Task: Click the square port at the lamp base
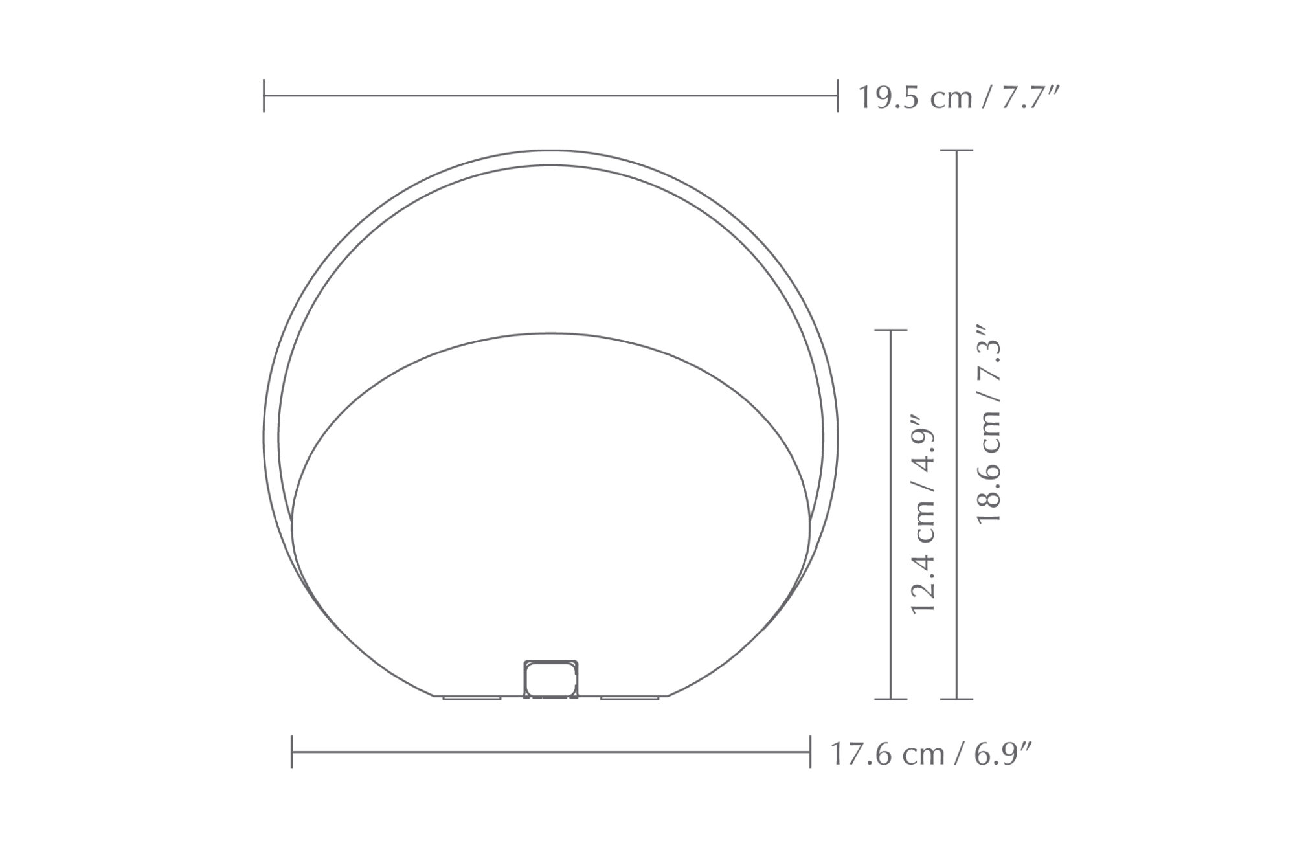(550, 680)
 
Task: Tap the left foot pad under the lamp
(472, 698)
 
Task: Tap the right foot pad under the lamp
(630, 698)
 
